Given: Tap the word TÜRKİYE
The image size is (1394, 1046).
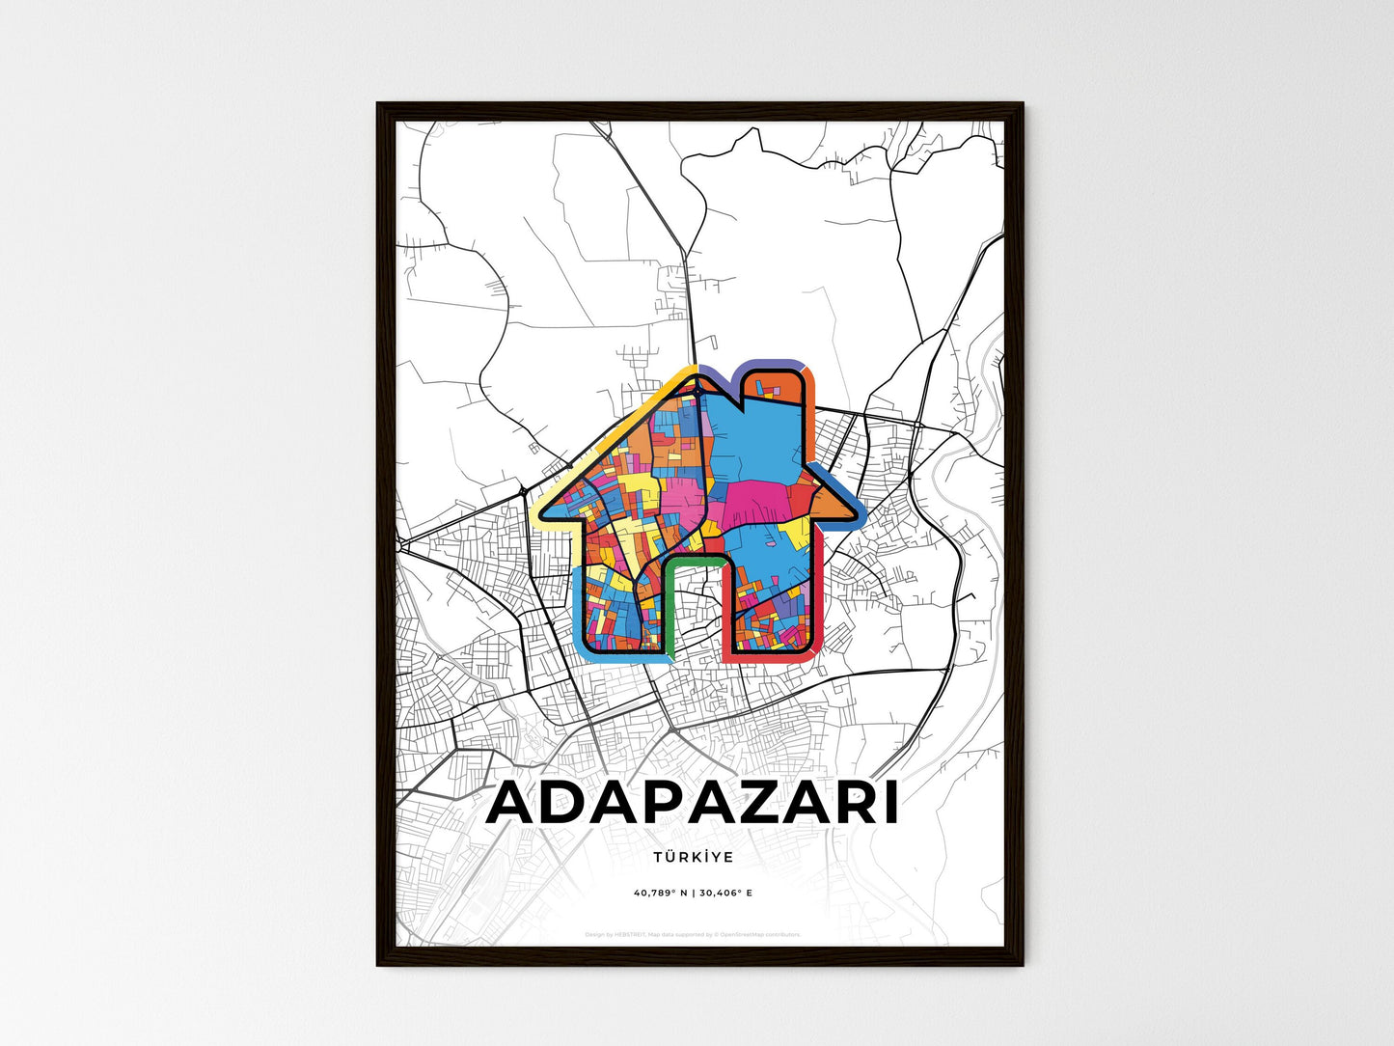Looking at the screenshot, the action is tap(693, 857).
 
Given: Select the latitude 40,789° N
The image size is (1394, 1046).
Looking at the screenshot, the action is tap(659, 894).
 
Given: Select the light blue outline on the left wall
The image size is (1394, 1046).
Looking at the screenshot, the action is tap(576, 608).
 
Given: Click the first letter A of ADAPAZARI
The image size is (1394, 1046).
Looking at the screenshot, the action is tap(517, 803).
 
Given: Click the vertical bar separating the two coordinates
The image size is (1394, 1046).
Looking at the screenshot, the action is tap(693, 894).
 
